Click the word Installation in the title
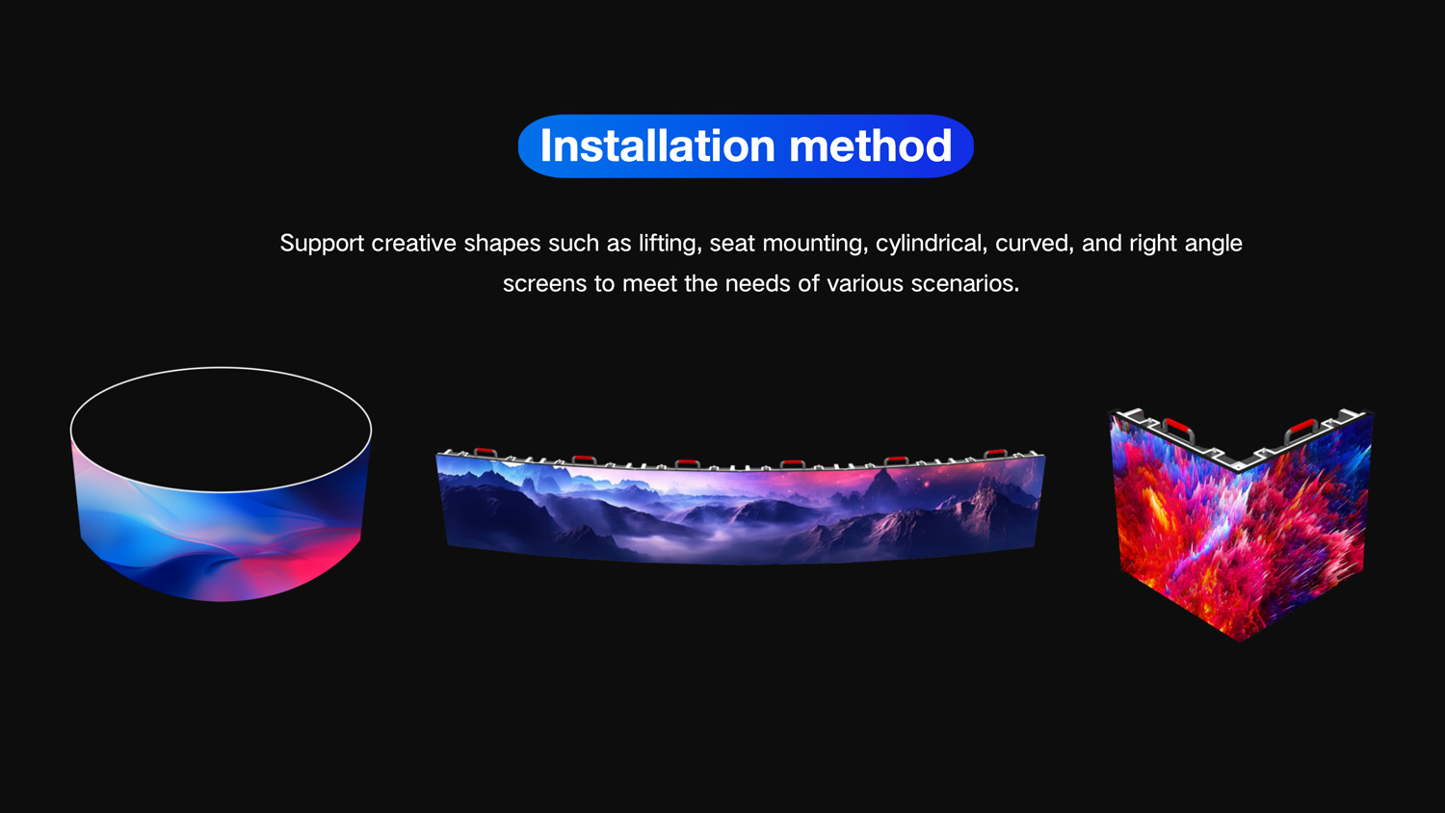657,145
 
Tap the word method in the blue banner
871,145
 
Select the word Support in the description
321,244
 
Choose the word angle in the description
1213,245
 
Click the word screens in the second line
544,284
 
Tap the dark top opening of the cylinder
222,430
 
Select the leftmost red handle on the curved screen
486,453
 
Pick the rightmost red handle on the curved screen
995,453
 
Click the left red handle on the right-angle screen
1178,427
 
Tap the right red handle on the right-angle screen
1300,428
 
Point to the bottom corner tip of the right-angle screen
1240,642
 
